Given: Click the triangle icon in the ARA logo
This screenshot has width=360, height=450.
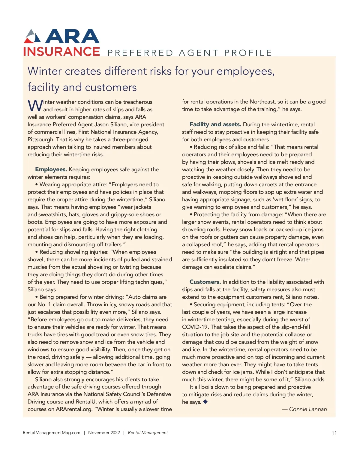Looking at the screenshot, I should pyautogui.click(x=32, y=36).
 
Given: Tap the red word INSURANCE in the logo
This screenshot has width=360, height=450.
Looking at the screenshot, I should pyautogui.click(x=61, y=52).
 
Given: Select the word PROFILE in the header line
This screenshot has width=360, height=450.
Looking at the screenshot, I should pyautogui.click(x=248, y=53).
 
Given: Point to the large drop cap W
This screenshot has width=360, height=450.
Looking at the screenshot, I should pyautogui.click(x=35, y=106).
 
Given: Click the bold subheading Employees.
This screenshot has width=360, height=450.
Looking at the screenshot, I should pyautogui.click(x=51, y=169).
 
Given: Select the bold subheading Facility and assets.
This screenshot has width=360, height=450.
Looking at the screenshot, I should pyautogui.click(x=215, y=124).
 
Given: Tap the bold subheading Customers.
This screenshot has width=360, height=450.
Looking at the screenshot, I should pyautogui.click(x=205, y=282).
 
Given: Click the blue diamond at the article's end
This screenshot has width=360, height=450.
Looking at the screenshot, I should pyautogui.click(x=205, y=402).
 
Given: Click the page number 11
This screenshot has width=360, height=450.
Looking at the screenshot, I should pyautogui.click(x=334, y=433).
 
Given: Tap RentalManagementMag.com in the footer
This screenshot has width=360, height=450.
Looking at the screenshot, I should pyautogui.click(x=52, y=433).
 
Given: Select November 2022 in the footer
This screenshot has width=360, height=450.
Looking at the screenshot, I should pyautogui.click(x=104, y=433).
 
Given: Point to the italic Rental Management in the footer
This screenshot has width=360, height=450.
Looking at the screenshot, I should pyautogui.click(x=148, y=433).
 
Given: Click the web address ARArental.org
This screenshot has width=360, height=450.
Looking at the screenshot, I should pyautogui.click(x=74, y=409).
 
